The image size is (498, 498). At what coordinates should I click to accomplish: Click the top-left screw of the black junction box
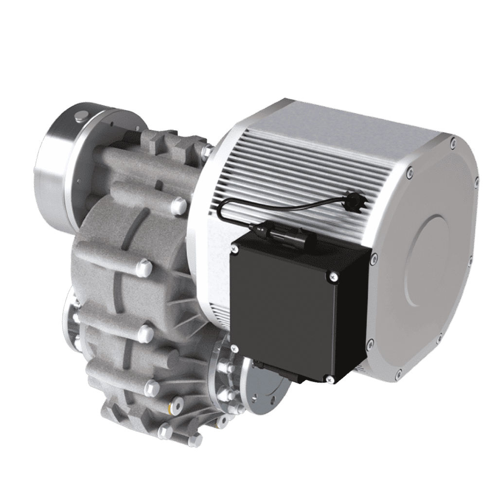[x=235, y=249]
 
